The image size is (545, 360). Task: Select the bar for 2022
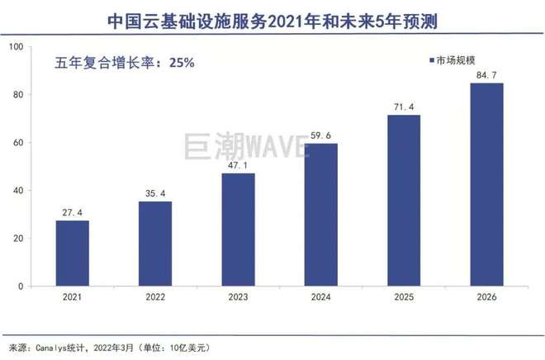[155, 244]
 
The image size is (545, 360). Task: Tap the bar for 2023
[239, 230]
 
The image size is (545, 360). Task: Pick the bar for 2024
[321, 215]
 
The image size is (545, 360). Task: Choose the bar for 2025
[404, 201]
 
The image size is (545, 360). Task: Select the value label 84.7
[486, 76]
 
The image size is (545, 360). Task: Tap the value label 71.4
[404, 108]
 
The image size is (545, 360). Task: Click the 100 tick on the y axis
[15, 47]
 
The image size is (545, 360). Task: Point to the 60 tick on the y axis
[17, 143]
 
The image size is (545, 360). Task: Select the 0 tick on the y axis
[20, 287]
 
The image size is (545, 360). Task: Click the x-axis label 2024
[321, 297]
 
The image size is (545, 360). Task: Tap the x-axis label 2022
[155, 297]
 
